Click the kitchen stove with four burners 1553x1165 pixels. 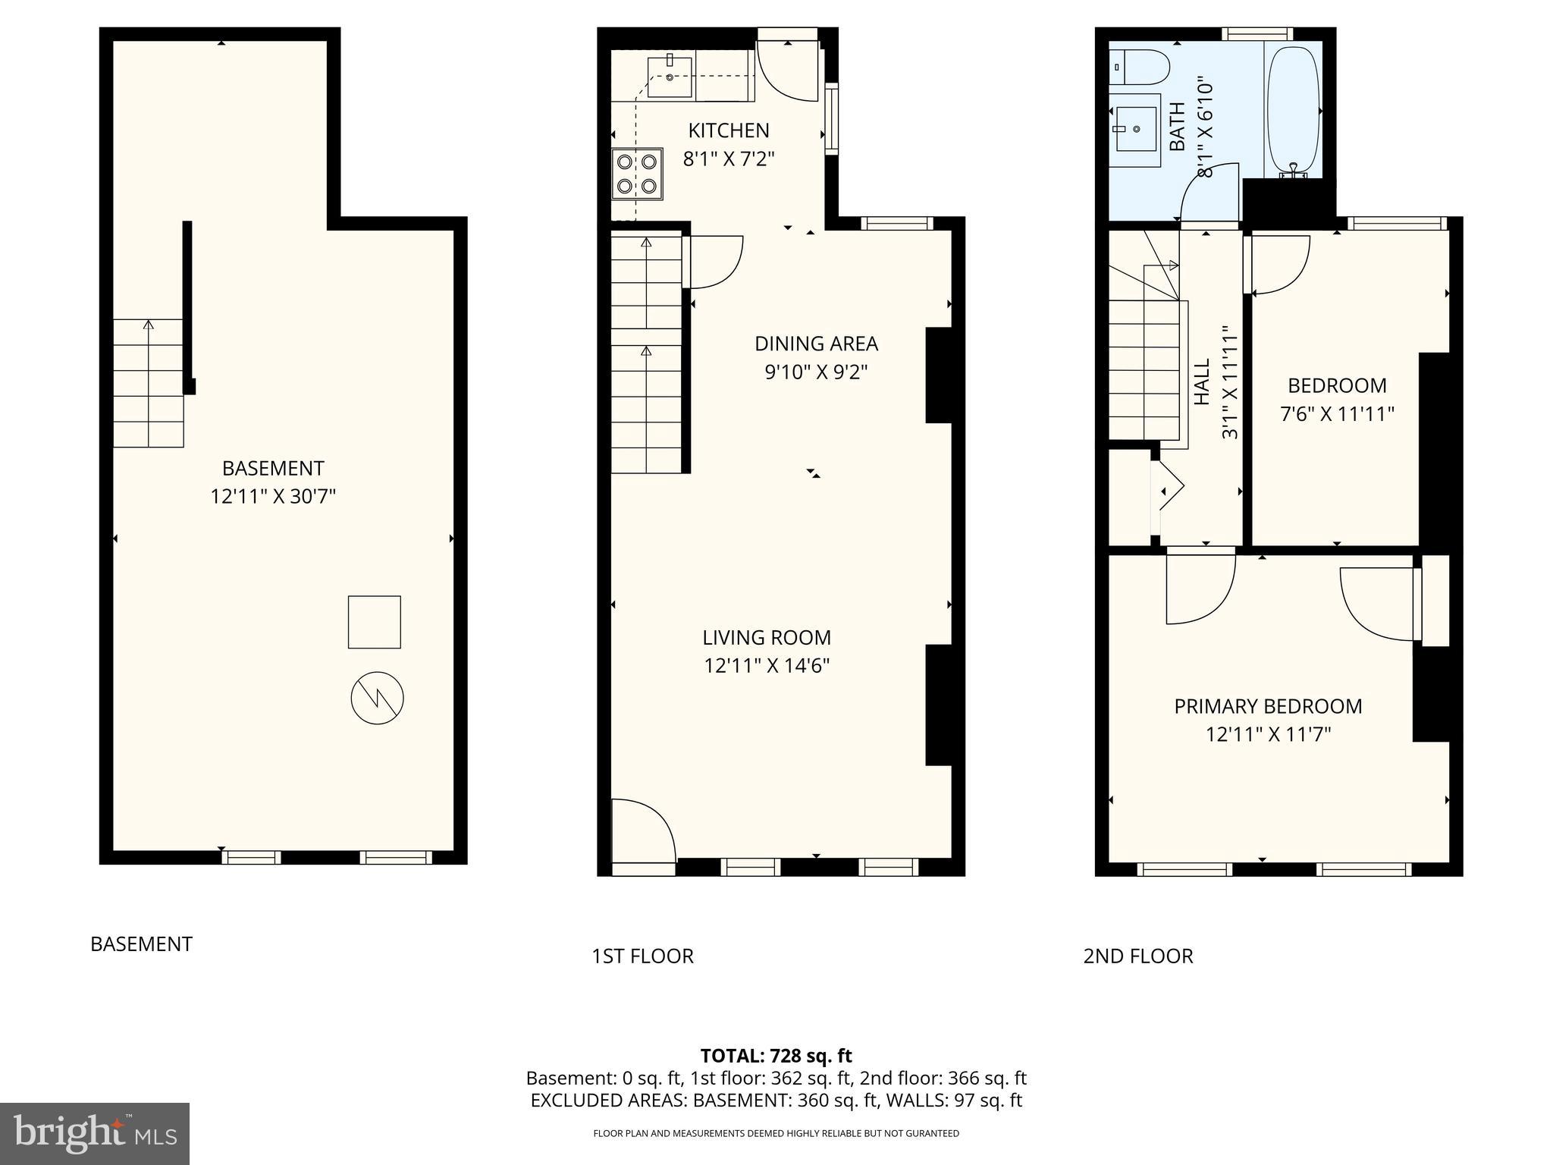[637, 174]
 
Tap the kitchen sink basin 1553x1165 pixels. [670, 77]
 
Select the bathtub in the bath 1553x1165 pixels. [1293, 111]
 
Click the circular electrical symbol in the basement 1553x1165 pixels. [377, 698]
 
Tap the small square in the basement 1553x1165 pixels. [374, 622]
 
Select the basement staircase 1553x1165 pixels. [149, 383]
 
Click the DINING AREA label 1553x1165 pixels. [816, 344]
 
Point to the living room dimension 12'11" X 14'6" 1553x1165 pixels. [767, 666]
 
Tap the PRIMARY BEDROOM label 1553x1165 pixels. [1268, 706]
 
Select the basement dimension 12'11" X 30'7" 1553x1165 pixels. [273, 497]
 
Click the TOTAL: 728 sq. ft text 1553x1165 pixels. [776, 1056]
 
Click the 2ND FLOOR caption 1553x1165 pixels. [1137, 956]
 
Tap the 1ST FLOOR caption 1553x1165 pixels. [642, 956]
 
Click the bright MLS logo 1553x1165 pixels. [95, 1133]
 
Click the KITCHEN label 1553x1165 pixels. [728, 130]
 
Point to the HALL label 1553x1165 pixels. [1203, 383]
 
